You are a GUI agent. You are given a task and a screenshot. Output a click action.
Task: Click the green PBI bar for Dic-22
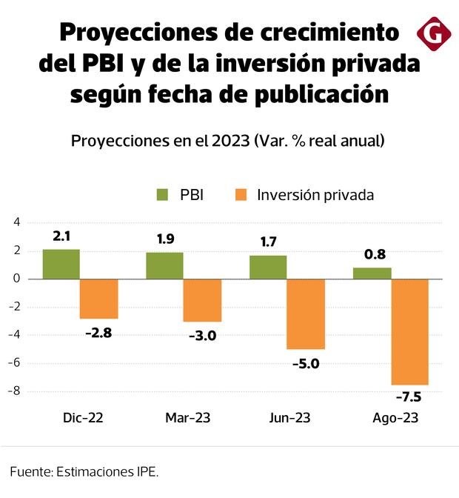[61, 264]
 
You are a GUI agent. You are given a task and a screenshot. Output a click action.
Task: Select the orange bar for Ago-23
[409, 331]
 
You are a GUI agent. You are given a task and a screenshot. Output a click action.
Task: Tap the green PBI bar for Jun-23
[268, 267]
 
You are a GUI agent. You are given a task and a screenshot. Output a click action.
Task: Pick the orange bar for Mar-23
[202, 300]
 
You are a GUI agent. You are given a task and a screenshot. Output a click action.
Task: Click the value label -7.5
[407, 396]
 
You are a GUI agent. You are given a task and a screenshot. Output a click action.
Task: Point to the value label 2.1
[61, 237]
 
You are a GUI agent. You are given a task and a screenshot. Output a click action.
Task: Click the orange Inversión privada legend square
[241, 195]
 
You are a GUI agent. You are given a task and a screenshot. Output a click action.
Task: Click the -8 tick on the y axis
[10, 391]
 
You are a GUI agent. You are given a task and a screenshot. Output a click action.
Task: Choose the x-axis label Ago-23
[395, 418]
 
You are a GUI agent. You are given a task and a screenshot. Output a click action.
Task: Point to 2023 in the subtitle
[229, 140]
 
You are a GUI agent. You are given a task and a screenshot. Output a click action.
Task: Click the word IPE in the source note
[145, 471]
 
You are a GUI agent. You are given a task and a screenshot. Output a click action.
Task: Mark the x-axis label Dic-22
[83, 418]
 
